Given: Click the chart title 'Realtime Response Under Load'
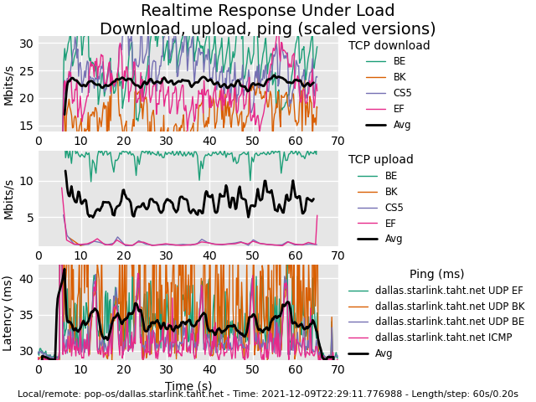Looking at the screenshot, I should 267,11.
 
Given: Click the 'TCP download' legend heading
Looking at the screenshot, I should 389,46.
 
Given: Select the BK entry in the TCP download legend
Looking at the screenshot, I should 399,77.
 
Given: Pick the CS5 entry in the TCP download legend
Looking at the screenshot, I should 402,93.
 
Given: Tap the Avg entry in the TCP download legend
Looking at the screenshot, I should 402,125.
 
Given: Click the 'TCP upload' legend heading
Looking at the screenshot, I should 380,160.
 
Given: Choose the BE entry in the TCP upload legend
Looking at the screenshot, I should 390,176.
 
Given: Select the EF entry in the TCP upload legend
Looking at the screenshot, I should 390,223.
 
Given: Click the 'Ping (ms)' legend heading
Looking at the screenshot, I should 436,274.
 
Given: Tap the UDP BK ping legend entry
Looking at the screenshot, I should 449,307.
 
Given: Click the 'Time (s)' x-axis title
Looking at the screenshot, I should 188,385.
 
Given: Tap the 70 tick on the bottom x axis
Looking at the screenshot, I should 338,370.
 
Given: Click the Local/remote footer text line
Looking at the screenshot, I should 267,394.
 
